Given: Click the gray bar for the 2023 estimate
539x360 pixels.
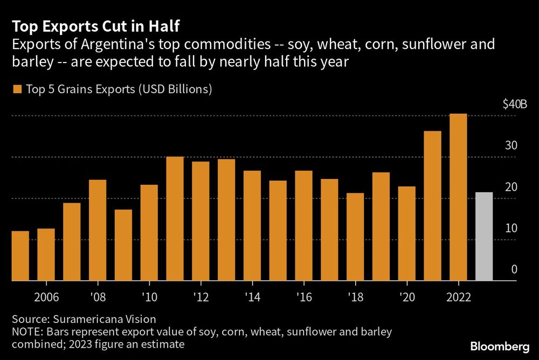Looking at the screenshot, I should [x=484, y=237].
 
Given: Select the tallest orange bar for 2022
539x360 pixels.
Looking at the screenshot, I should [x=458, y=197].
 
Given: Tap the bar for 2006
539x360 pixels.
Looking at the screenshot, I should [x=46, y=254].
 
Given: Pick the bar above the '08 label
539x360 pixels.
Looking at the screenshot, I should [x=98, y=230].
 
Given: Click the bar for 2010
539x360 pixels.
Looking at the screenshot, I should [x=149, y=233].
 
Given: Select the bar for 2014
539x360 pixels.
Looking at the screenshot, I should [x=252, y=226].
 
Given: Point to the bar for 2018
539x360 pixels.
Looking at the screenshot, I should [x=355, y=237].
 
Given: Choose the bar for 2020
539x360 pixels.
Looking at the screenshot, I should [x=407, y=233].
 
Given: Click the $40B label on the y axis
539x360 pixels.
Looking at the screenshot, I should [x=515, y=105].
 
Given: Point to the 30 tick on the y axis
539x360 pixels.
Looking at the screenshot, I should [x=511, y=146].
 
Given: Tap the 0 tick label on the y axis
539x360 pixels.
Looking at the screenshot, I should [x=514, y=269].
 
